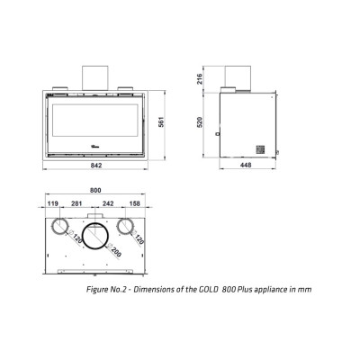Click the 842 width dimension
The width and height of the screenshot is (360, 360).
pos(96,166)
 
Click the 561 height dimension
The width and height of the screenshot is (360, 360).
pos(162,121)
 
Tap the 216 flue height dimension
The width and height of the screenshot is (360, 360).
pos(200,78)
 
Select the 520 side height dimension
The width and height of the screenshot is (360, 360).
pos(200,121)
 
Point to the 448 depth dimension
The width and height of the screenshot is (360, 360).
pos(246,165)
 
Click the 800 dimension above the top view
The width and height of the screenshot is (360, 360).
pos(95,190)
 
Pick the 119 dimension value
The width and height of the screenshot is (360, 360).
pos(52,203)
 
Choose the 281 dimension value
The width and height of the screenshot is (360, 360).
pos(76,203)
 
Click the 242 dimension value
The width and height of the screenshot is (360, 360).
pos(108,203)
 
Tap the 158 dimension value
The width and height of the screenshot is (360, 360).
pos(134,203)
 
